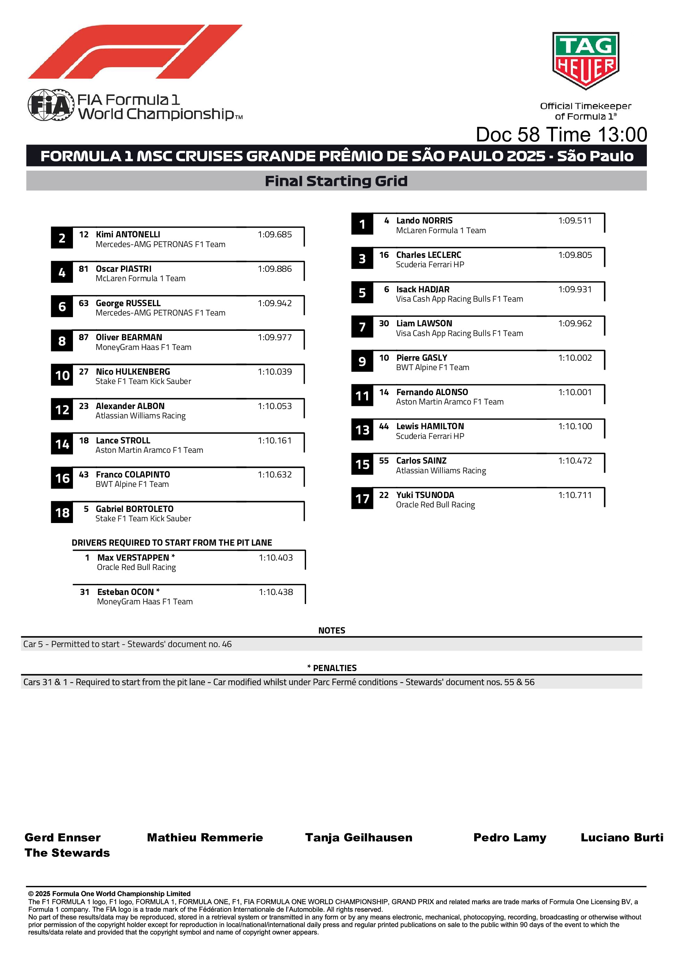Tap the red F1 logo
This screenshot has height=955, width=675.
click(135, 51)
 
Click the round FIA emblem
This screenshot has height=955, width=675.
click(51, 105)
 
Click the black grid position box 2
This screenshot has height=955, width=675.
click(62, 238)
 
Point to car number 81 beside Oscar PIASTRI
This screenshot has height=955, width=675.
click(84, 269)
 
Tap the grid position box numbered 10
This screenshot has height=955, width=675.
click(62, 375)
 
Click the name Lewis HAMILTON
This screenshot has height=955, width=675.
click(430, 426)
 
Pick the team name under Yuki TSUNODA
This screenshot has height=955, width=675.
click(435, 505)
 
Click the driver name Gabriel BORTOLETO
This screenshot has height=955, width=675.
click(134, 509)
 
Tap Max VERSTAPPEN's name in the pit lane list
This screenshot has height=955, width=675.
click(133, 557)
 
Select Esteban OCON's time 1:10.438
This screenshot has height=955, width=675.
click(276, 592)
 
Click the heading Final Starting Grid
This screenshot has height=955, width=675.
click(336, 181)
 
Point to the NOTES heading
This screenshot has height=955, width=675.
click(331, 630)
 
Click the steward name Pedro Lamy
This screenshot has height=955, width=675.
click(510, 837)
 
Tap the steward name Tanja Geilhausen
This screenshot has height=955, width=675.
click(359, 837)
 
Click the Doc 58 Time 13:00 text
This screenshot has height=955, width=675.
click(561, 135)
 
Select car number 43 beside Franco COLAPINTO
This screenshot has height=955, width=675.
click(84, 475)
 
